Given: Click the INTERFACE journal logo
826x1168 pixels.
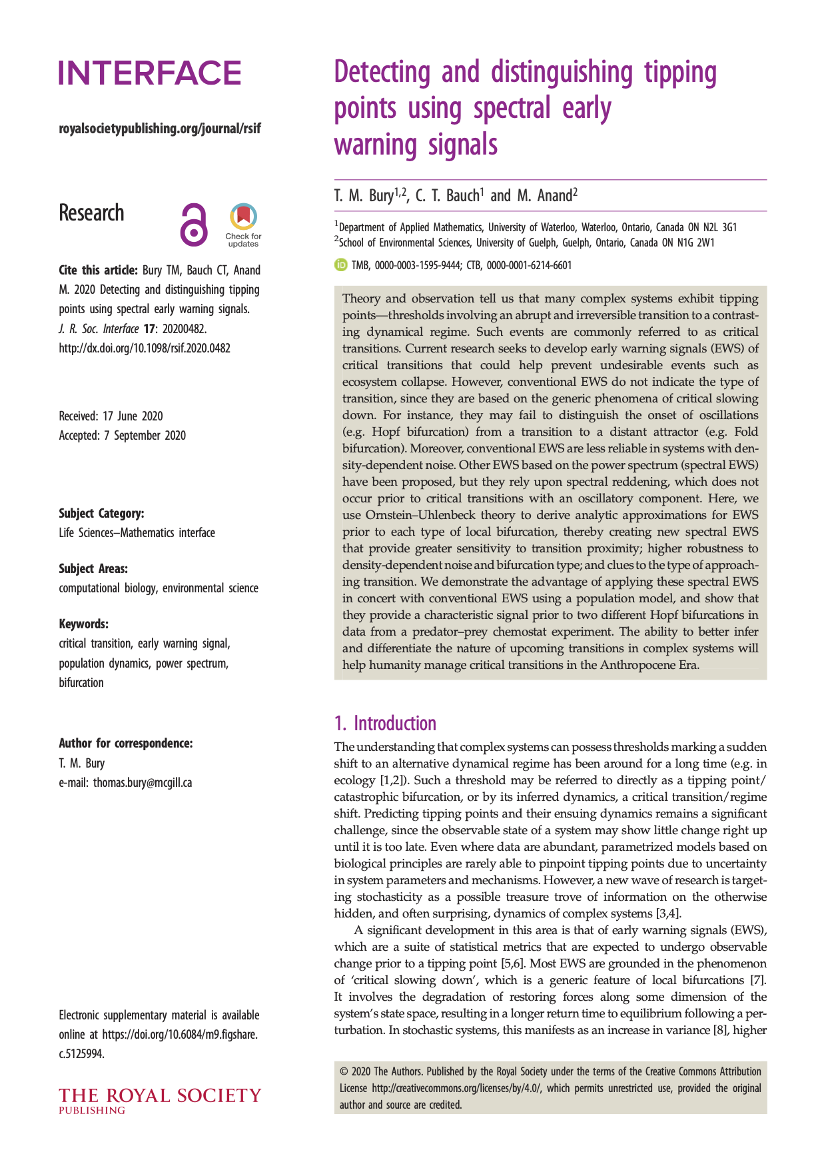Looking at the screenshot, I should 150,73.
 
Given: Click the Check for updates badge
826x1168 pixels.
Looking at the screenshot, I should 243,225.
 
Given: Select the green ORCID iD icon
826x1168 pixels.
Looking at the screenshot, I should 340,265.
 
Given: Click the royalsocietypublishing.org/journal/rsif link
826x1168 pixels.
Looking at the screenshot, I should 160,129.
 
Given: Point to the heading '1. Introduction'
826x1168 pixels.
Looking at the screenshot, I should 385,724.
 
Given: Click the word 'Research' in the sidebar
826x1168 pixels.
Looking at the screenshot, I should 91,213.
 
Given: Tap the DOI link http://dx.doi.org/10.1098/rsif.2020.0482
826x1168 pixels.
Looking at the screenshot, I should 145,348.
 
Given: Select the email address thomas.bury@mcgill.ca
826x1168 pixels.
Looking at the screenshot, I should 143,782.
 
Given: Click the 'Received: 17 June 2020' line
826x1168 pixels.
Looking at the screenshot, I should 111,416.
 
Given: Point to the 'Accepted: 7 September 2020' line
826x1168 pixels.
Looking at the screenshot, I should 123,435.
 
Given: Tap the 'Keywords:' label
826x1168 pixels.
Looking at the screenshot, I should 83,624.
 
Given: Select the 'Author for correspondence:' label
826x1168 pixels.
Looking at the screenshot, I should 126,743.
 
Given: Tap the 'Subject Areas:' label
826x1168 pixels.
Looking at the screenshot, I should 93,568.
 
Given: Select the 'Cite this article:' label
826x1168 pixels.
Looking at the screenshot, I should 99,270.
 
